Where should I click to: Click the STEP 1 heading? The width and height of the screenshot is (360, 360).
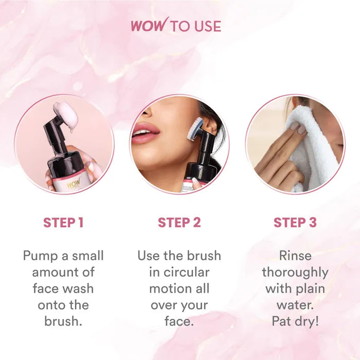(x=63, y=223)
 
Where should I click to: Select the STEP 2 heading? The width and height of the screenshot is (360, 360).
(x=179, y=223)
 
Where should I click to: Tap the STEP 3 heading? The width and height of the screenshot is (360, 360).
(x=295, y=223)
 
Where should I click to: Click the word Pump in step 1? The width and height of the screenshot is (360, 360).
(x=40, y=256)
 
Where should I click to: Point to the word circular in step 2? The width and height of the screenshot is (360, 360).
(x=186, y=272)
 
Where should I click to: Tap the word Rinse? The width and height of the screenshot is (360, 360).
(x=295, y=256)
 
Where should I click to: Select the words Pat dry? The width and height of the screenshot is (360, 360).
(x=295, y=321)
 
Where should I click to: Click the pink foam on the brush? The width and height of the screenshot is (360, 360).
(x=66, y=114)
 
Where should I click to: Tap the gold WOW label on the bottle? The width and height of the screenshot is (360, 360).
(x=74, y=183)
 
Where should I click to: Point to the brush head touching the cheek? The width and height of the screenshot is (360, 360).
(x=194, y=129)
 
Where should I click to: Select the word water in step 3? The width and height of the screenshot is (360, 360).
(x=294, y=305)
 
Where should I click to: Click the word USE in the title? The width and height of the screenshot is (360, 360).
(x=208, y=26)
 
